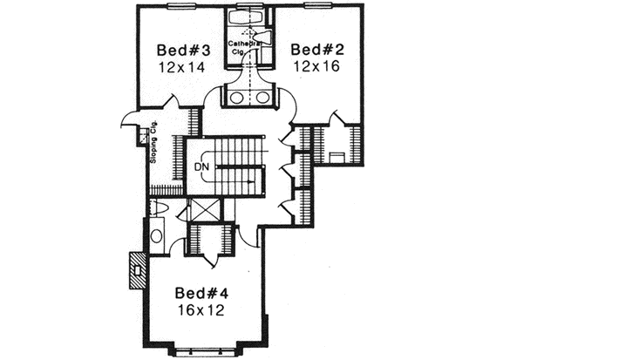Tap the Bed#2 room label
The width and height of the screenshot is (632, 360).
(x=317, y=49)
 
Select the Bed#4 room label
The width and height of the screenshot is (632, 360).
(x=201, y=292)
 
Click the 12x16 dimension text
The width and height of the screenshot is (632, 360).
(x=317, y=66)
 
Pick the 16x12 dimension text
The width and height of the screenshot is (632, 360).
(x=201, y=309)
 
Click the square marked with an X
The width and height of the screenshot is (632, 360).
(x=205, y=212)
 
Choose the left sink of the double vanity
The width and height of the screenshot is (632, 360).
(x=237, y=97)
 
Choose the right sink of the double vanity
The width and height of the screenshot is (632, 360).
(x=262, y=97)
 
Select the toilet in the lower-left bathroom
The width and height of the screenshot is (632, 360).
(x=155, y=208)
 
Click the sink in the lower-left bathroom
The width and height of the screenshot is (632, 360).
(x=156, y=234)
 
